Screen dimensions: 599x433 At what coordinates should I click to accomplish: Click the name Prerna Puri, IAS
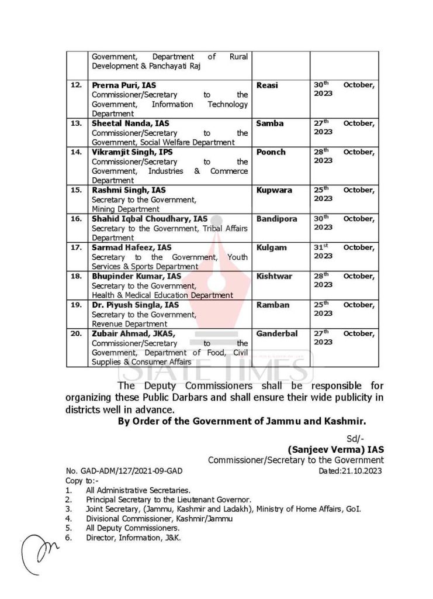[x=120, y=85]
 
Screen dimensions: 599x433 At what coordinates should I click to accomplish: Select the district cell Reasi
[x=267, y=85]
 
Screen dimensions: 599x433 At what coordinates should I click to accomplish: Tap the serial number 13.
[x=76, y=123]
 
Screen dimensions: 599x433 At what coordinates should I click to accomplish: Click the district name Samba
[x=269, y=123]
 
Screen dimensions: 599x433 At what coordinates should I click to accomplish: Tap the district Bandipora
[x=276, y=219]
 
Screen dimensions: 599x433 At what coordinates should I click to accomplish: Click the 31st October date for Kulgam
[x=344, y=252]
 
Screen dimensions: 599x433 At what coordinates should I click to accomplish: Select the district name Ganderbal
[x=277, y=333]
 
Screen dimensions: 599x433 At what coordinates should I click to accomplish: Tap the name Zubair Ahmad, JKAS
[x=133, y=333]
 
